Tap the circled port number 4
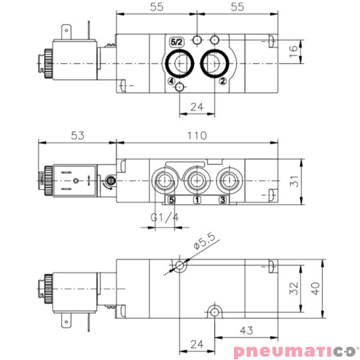pyautogui.click(x=172, y=81)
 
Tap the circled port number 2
pyautogui.click(x=223, y=81)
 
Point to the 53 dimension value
pyautogui.click(x=78, y=136)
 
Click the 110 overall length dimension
pyautogui.click(x=197, y=136)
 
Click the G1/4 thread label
pyautogui.click(x=163, y=217)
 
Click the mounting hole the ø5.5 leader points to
pyautogui.click(x=180, y=267)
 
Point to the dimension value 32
pyautogui.click(x=293, y=288)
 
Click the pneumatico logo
pyautogui.click(x=294, y=351)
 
